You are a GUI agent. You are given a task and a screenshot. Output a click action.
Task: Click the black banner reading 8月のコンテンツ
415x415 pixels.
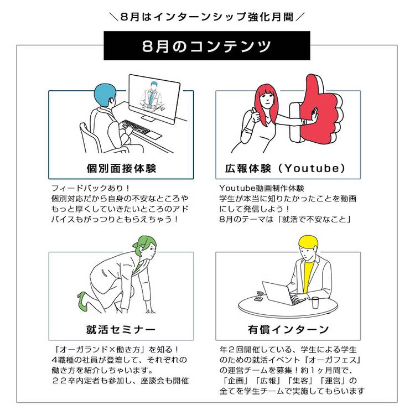coord(207,45)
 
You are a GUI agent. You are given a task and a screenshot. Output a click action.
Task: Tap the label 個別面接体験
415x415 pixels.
coord(121,168)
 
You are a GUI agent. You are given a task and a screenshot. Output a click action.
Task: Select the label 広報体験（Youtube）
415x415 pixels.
coord(286,168)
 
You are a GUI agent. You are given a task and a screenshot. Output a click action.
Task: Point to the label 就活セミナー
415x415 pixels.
coord(121,330)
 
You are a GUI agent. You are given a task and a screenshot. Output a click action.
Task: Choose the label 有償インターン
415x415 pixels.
coord(288,330)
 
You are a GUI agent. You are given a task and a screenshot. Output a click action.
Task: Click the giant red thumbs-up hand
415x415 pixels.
coord(318,111)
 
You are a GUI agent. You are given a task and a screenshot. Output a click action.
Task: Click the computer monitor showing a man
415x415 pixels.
coord(154,98)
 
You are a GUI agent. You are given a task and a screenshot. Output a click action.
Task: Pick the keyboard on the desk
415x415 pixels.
coord(136,127)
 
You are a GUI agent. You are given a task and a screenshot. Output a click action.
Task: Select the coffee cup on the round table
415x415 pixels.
coord(315,302)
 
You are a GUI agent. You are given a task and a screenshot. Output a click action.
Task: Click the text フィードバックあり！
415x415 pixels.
coord(91,188)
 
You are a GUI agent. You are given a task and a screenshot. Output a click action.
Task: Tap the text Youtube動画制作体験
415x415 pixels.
coord(262,188)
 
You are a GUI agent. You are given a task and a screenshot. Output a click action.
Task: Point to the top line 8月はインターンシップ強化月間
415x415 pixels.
coord(207,17)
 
